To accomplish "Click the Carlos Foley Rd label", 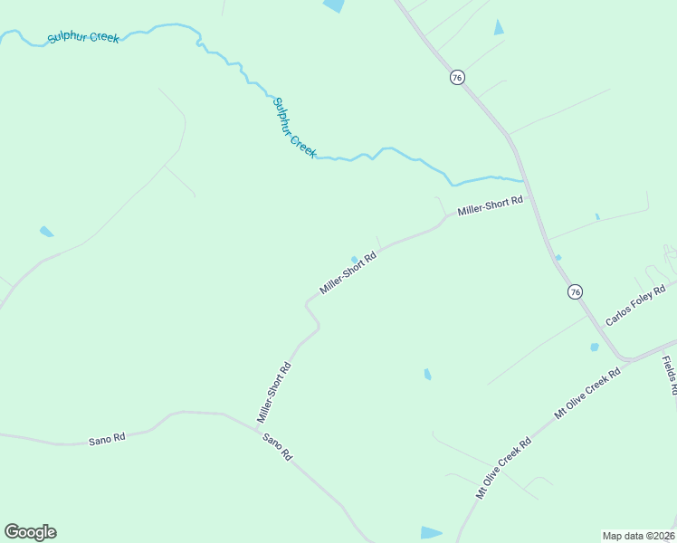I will (x=635, y=305).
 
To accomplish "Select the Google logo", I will (x=30, y=532).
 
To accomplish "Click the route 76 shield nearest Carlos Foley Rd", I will (x=575, y=291).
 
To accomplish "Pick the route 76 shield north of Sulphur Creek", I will (x=457, y=78).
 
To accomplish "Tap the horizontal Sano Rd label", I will (x=107, y=438).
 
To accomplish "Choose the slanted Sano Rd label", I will (x=278, y=447).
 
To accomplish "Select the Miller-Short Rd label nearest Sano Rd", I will (x=273, y=393).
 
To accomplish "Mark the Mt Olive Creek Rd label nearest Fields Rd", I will (x=587, y=393).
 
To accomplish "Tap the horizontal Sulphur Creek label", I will (x=83, y=37).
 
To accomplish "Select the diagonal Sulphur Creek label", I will (x=295, y=128).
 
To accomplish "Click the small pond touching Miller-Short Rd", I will (x=354, y=259).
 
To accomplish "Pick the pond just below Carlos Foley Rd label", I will (x=595, y=347).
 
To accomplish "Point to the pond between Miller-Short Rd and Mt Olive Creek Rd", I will (x=427, y=374).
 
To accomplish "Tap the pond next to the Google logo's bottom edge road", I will (x=432, y=532).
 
